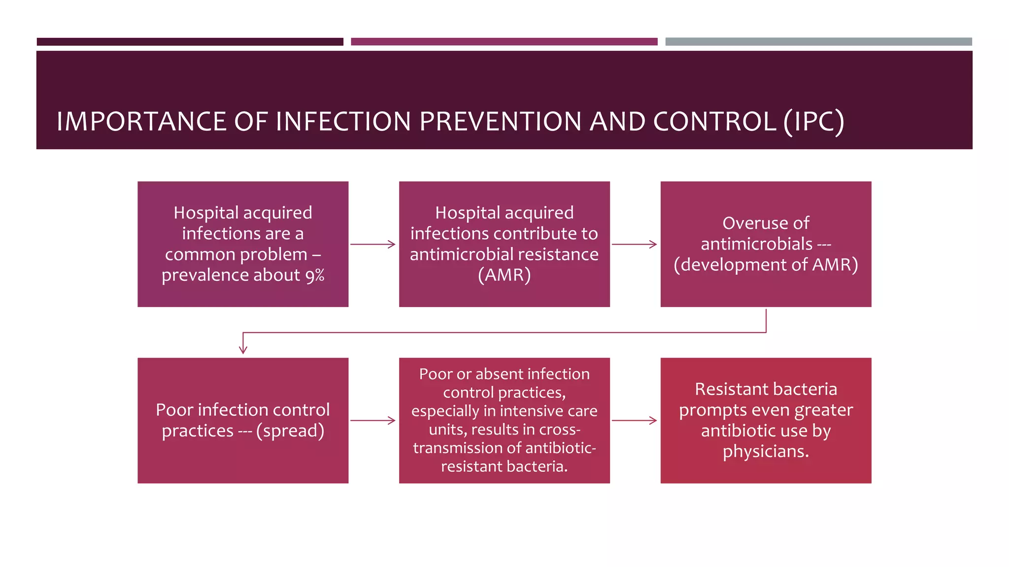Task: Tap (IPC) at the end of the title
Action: (x=813, y=122)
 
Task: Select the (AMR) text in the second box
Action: (x=504, y=275)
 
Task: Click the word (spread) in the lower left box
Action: (x=290, y=431)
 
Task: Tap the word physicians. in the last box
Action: (x=766, y=451)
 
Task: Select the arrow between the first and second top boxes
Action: (x=373, y=244)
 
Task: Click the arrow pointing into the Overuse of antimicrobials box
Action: (x=635, y=244)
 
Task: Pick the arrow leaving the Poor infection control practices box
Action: (x=373, y=420)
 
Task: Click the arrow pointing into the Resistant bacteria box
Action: (x=635, y=420)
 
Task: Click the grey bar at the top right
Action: (x=818, y=42)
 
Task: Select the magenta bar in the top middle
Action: (x=504, y=42)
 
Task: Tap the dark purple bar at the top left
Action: (x=190, y=42)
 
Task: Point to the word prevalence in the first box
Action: (x=205, y=275)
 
